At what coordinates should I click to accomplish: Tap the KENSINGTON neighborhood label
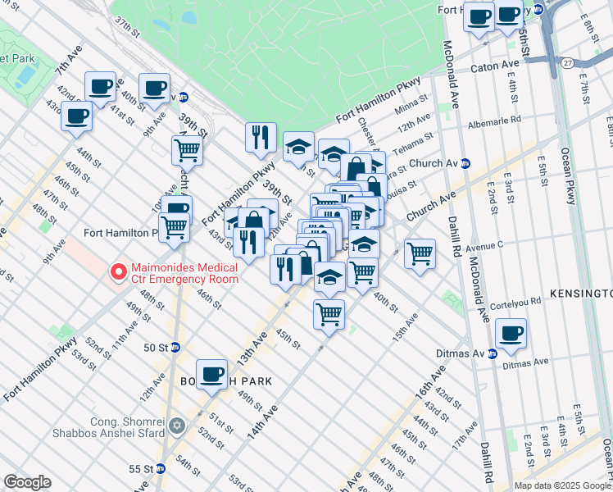tap(579, 294)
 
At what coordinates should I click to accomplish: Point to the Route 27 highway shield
tap(567, 62)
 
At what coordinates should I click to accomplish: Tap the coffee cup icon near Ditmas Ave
tap(511, 333)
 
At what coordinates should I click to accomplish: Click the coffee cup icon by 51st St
tap(211, 374)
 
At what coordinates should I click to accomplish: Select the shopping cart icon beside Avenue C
tap(420, 253)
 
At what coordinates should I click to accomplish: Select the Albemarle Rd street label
tap(494, 120)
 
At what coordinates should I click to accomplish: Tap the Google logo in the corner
tap(27, 482)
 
